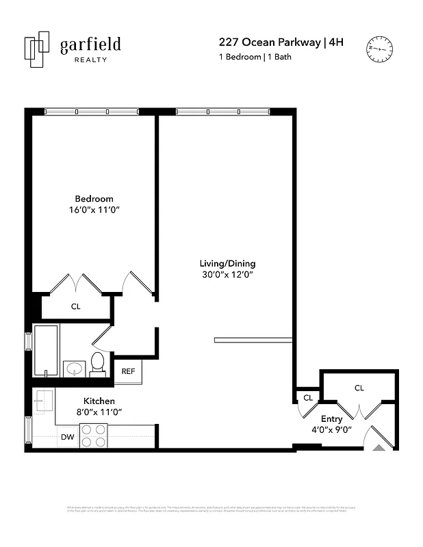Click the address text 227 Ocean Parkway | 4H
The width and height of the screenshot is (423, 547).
[x=281, y=42]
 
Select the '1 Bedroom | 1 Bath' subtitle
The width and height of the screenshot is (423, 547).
[x=255, y=57]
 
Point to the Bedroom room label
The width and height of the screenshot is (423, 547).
[x=94, y=199]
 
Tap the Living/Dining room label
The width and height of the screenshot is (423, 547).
[x=227, y=263]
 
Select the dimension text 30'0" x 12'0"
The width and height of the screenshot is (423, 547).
[x=227, y=275]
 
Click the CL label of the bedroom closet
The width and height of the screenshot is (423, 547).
[x=75, y=307]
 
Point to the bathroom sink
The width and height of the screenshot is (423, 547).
[x=73, y=369]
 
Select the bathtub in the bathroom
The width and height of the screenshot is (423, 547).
[x=46, y=350]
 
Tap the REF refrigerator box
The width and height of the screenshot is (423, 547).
[x=128, y=371]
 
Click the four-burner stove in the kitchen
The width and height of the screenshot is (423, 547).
[x=93, y=436]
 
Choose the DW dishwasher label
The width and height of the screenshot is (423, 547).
[x=67, y=437]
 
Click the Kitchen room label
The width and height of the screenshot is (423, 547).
[x=99, y=401]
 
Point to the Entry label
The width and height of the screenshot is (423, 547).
[x=331, y=419]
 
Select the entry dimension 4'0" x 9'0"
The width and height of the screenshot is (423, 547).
[x=331, y=430]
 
